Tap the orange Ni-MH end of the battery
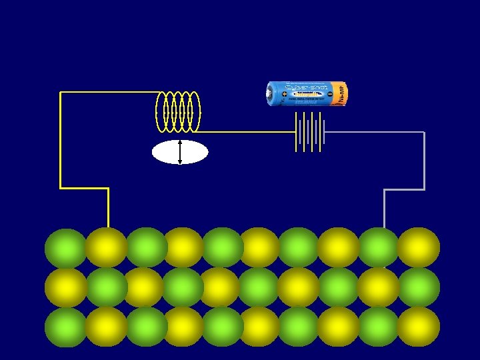339,94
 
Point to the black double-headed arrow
180,152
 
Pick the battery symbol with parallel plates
310,131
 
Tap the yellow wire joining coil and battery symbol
247,132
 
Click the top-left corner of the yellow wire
61,93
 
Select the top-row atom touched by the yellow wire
106,247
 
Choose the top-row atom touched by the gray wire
379,247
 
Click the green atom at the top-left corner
66,248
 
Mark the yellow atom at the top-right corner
418,247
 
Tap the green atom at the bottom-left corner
66,327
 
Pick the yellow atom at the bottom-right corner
418,327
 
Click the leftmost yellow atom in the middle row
66,287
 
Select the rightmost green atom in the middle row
418,287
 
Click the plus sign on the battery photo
285,95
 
